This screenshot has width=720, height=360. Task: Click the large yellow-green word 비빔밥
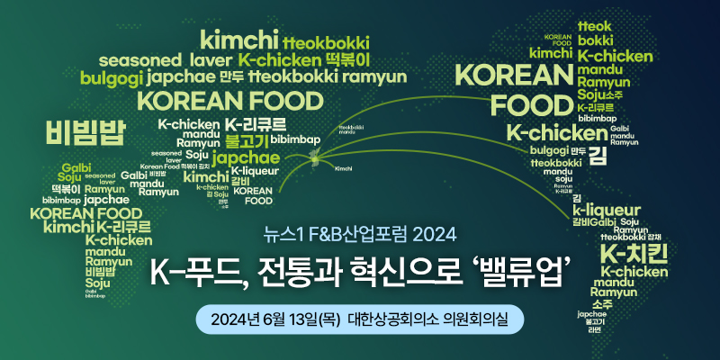[x=87, y=132]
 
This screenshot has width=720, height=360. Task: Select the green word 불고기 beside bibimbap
[x=246, y=140]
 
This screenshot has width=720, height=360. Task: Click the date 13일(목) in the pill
[x=305, y=319]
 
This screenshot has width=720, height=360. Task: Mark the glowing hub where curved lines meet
[x=314, y=158]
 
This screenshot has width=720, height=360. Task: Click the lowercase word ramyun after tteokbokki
[x=375, y=77]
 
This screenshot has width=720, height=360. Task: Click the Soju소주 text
[x=599, y=94]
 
